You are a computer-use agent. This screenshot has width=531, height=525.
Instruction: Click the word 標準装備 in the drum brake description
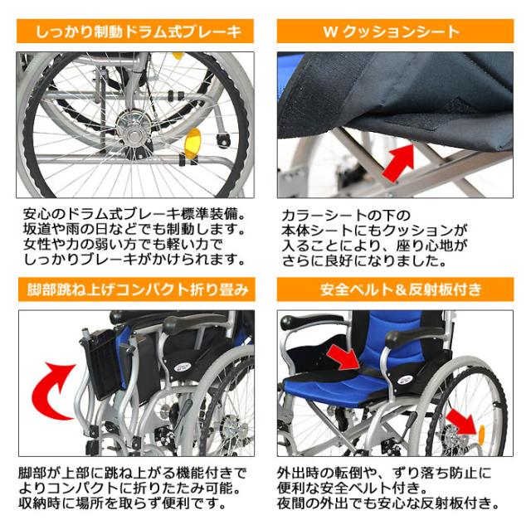pos(210,211)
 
